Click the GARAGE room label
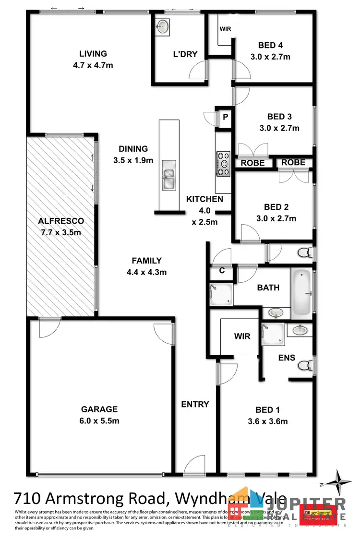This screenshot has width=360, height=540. (99, 409)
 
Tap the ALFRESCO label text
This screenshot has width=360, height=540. (61, 221)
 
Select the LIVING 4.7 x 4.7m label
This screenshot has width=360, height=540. (93, 54)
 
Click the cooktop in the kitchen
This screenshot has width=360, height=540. (224, 163)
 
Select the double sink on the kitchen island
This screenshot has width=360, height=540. (168, 174)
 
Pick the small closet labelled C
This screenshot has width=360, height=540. (222, 271)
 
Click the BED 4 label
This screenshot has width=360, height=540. (270, 46)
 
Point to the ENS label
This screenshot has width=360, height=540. (287, 358)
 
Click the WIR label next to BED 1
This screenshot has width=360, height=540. (242, 336)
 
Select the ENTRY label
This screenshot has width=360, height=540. (195, 404)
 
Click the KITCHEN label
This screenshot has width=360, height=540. (205, 199)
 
